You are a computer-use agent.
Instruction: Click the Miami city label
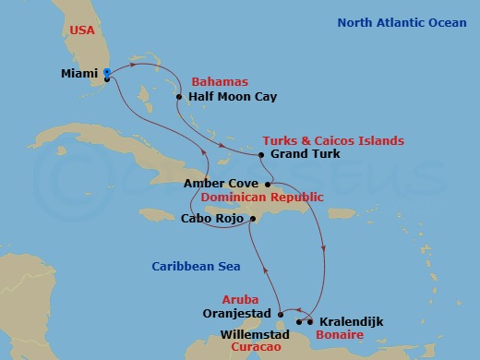click(78, 71)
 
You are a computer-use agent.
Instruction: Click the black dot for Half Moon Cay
click(178, 95)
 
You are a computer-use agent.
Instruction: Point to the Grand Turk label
click(299, 154)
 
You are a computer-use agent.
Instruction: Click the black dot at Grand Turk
click(262, 154)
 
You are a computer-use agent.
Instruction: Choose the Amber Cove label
click(220, 184)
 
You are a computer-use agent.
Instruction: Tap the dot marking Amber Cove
click(266, 184)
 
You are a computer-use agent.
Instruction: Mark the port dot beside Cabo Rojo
click(252, 219)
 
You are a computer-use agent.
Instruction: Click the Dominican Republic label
click(263, 197)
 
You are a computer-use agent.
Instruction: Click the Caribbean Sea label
click(196, 267)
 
